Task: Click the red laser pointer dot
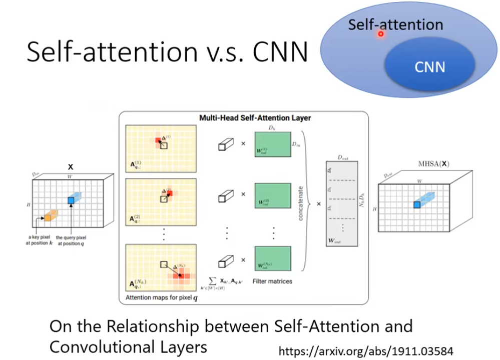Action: [x=380, y=34]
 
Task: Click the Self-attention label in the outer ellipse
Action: [x=395, y=24]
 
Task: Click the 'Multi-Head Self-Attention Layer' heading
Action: [x=255, y=118]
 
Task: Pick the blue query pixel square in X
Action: [x=72, y=200]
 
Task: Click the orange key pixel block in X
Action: [x=50, y=216]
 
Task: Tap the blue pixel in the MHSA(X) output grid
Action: [x=416, y=204]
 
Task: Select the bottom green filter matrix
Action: [x=273, y=258]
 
